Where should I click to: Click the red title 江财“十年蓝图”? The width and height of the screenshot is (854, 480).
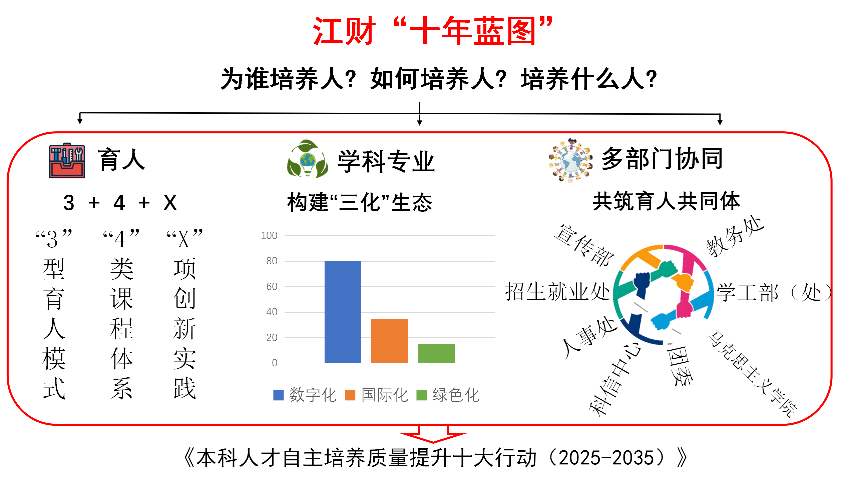tap(433, 31)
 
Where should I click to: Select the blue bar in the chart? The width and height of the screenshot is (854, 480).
tap(343, 312)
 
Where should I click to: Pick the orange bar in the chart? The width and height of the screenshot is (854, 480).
tap(389, 340)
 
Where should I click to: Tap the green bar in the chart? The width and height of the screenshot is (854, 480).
tap(436, 353)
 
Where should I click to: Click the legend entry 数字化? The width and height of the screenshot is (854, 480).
tap(305, 395)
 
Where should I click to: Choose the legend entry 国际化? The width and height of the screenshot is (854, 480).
tap(377, 395)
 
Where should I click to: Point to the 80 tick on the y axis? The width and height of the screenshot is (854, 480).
tap(272, 261)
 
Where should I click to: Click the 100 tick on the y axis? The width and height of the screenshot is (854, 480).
tap(269, 236)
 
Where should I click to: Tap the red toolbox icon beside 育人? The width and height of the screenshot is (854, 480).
tap(67, 161)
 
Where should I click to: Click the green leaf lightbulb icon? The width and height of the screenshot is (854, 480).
tap(307, 159)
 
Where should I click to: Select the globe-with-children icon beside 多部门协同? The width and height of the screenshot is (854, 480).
tap(570, 161)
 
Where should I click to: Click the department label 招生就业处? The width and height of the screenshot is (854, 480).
tap(557, 291)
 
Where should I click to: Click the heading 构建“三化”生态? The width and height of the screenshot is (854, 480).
tap(360, 202)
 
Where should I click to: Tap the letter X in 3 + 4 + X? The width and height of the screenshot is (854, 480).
tap(170, 202)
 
